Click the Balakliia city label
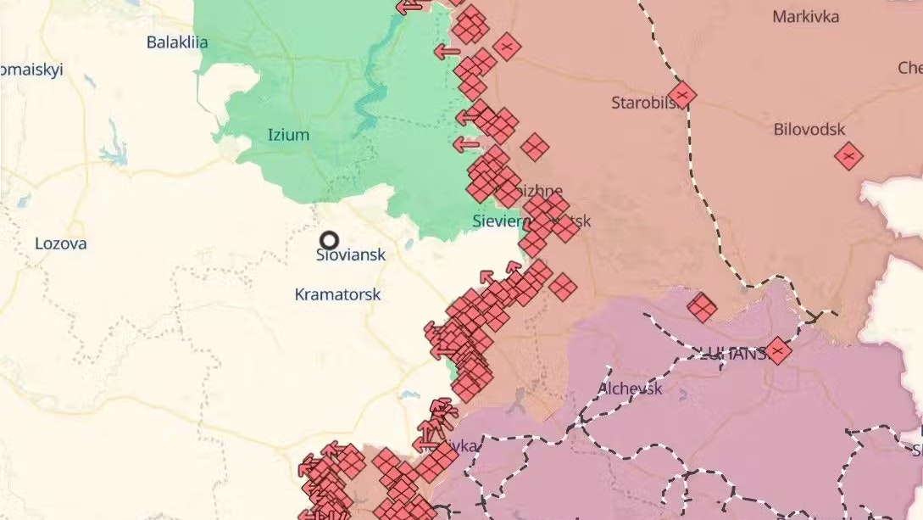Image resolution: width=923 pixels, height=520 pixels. tap(177, 42)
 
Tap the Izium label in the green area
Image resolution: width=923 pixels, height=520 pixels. tap(288, 135)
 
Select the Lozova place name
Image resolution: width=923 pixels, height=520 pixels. tap(60, 243)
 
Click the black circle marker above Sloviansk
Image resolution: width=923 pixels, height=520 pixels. tap(329, 241)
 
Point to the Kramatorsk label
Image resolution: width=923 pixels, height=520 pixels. tap(337, 295)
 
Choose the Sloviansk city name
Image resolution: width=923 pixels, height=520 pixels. tap(350, 254)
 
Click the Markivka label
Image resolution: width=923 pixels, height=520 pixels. tap(805, 17)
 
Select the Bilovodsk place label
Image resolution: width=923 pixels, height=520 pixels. tap(809, 130)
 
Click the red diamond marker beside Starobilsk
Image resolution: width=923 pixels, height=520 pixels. tap(681, 95)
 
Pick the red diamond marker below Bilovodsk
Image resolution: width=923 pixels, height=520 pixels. tap(848, 156)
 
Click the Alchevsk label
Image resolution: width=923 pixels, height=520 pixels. tap(630, 389)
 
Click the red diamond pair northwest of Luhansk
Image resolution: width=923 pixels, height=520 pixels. tap(701, 307)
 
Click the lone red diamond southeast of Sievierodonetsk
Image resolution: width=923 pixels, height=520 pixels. tap(562, 286)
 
